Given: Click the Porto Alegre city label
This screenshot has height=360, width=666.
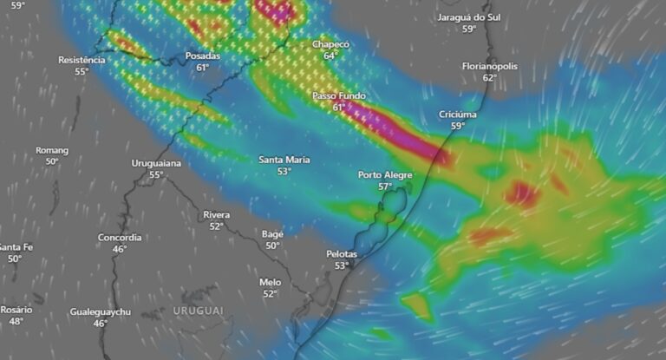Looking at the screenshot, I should tap(385, 175).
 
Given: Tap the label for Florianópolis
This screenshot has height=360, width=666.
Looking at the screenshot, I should tap(490, 66).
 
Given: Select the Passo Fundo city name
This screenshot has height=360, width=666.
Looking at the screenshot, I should tap(338, 95).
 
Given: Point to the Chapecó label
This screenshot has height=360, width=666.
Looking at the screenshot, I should tap(330, 44).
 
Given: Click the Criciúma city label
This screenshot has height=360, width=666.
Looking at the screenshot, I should tap(458, 115).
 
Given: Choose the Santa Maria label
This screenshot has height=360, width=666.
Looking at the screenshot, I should tap(284, 160).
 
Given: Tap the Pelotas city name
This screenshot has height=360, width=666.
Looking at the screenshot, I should tap(342, 254).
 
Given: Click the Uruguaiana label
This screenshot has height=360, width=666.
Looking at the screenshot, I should tap(156, 163).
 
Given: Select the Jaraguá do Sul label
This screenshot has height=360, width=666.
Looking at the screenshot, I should tap(469, 17).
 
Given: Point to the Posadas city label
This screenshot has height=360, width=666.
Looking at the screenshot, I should tap(203, 56).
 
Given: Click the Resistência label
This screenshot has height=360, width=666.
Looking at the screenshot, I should tap(82, 60).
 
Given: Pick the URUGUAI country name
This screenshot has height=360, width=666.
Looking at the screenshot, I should tap(198, 310).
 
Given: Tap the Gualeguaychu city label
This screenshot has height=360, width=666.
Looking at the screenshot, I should tap(101, 311).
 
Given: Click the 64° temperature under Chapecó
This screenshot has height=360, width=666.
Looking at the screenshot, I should tap(330, 56).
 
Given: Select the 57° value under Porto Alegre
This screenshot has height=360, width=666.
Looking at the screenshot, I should tap(385, 187).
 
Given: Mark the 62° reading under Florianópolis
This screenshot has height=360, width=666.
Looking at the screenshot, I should tap(490, 77).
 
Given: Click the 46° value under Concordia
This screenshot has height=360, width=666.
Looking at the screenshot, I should tap(120, 249).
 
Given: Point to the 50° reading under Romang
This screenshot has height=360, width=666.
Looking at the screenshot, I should tap(52, 161).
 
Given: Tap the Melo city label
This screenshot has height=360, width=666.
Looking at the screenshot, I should tap(270, 282).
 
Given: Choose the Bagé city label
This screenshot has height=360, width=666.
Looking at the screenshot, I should tap(273, 234).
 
